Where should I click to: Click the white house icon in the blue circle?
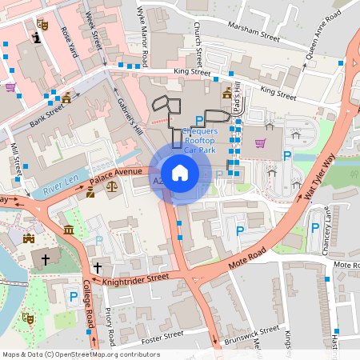(x=180, y=173)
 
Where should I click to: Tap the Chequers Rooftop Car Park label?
(x=200, y=140)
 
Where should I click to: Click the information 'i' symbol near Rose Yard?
(x=35, y=38)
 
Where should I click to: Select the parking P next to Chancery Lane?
(x=314, y=229)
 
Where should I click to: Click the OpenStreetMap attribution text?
(x=82, y=354)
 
